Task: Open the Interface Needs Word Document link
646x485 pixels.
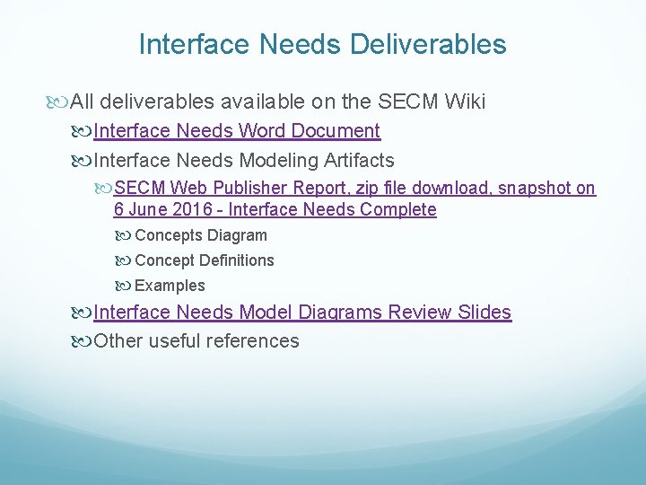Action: click(237, 131)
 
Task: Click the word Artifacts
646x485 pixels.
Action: click(359, 161)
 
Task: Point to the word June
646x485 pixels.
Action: click(147, 210)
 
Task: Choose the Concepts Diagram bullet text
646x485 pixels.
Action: click(200, 236)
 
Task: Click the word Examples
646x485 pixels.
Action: click(170, 286)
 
